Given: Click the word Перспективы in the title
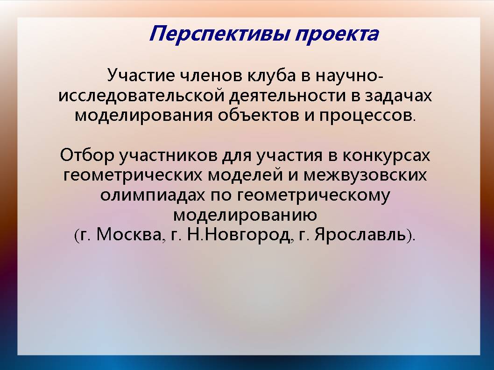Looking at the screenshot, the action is coord(219,34).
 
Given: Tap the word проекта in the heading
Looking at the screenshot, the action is coord(337,34).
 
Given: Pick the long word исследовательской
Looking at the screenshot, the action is coord(141,96).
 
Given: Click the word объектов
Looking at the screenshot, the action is coord(258,115).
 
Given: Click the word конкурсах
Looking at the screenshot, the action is coord(386,156).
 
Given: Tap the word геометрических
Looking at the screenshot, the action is coord(133,175).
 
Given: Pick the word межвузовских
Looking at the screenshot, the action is coord(365,175).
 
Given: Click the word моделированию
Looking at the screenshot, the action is coord(245,215).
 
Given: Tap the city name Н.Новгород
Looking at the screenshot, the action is coord(239,235).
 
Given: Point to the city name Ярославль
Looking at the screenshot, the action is coord(360,235).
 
